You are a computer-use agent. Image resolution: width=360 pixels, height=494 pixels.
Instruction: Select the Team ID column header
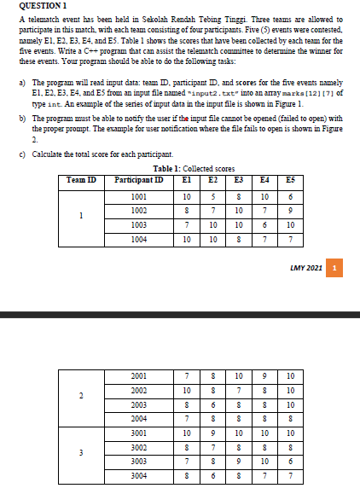point(82,180)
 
